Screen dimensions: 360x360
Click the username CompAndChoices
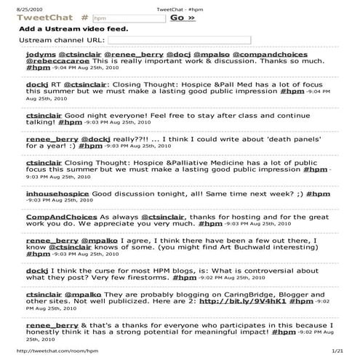click(x=60, y=217)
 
